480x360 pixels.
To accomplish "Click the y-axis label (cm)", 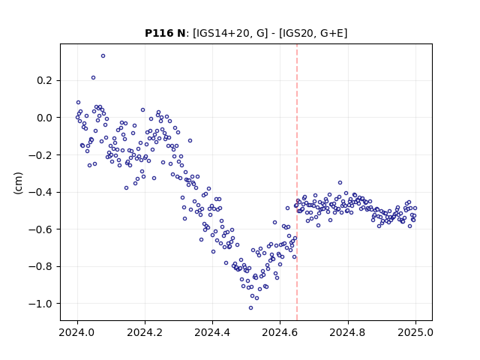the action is coord(18,183).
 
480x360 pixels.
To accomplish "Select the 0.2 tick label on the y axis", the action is coord(45,80).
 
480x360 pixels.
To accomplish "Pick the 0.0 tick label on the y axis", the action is coord(45,118).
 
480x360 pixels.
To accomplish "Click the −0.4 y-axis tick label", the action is coord(40,192).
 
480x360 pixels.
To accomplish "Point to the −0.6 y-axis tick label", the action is coord(40,229).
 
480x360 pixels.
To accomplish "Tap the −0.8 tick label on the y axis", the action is coord(40,267).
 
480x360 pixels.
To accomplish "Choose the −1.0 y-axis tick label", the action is coord(40,304).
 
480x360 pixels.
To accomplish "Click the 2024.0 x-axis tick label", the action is coord(77,332).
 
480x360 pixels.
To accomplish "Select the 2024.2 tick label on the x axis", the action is coord(145,332).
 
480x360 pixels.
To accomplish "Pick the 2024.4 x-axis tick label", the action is coord(212,332).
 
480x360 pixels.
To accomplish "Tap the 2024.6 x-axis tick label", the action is coord(280,332).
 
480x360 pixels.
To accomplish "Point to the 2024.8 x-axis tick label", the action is coord(348,332).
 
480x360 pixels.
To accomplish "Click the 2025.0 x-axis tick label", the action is coord(415,332).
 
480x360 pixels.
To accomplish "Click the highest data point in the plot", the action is coord(103,56).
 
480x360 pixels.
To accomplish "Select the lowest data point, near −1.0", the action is coord(250,308).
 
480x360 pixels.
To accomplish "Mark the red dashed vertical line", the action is coord(297,182).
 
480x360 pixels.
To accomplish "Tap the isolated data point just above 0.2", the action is coord(93,78).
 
